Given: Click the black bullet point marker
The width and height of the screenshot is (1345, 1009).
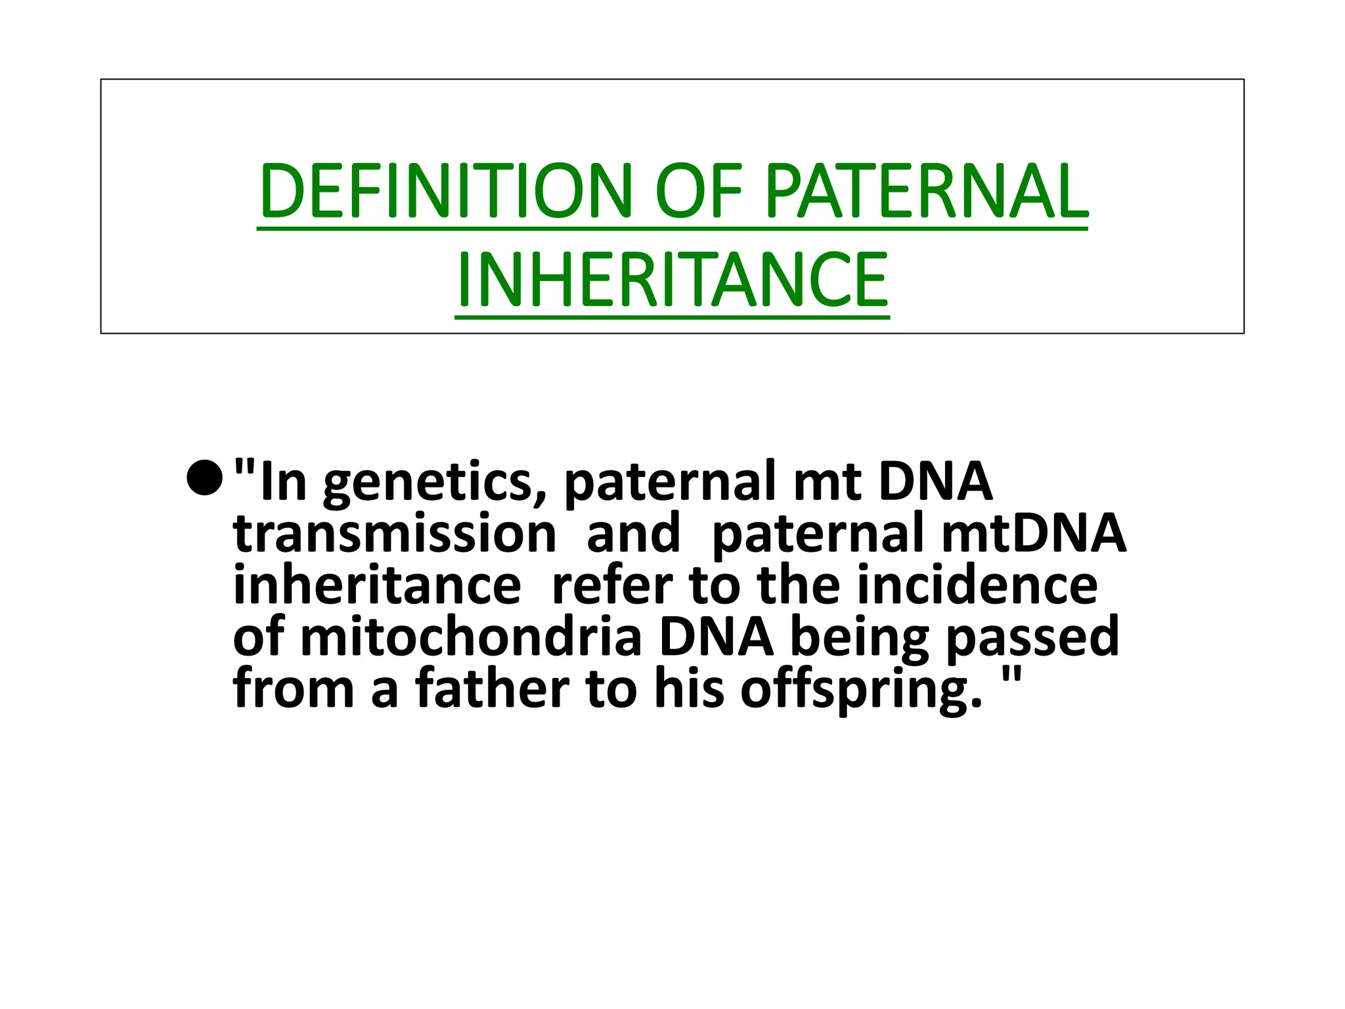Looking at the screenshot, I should click(x=205, y=478).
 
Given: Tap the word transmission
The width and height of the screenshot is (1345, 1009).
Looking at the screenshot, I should click(x=395, y=533).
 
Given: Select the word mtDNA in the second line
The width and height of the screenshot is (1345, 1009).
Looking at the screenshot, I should click(x=1034, y=533).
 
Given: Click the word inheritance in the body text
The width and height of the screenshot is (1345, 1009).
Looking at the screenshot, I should click(x=377, y=585).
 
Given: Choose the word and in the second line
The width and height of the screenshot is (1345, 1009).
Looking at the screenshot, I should click(x=633, y=533).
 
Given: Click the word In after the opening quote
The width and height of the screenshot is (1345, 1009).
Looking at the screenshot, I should click(x=284, y=482).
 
